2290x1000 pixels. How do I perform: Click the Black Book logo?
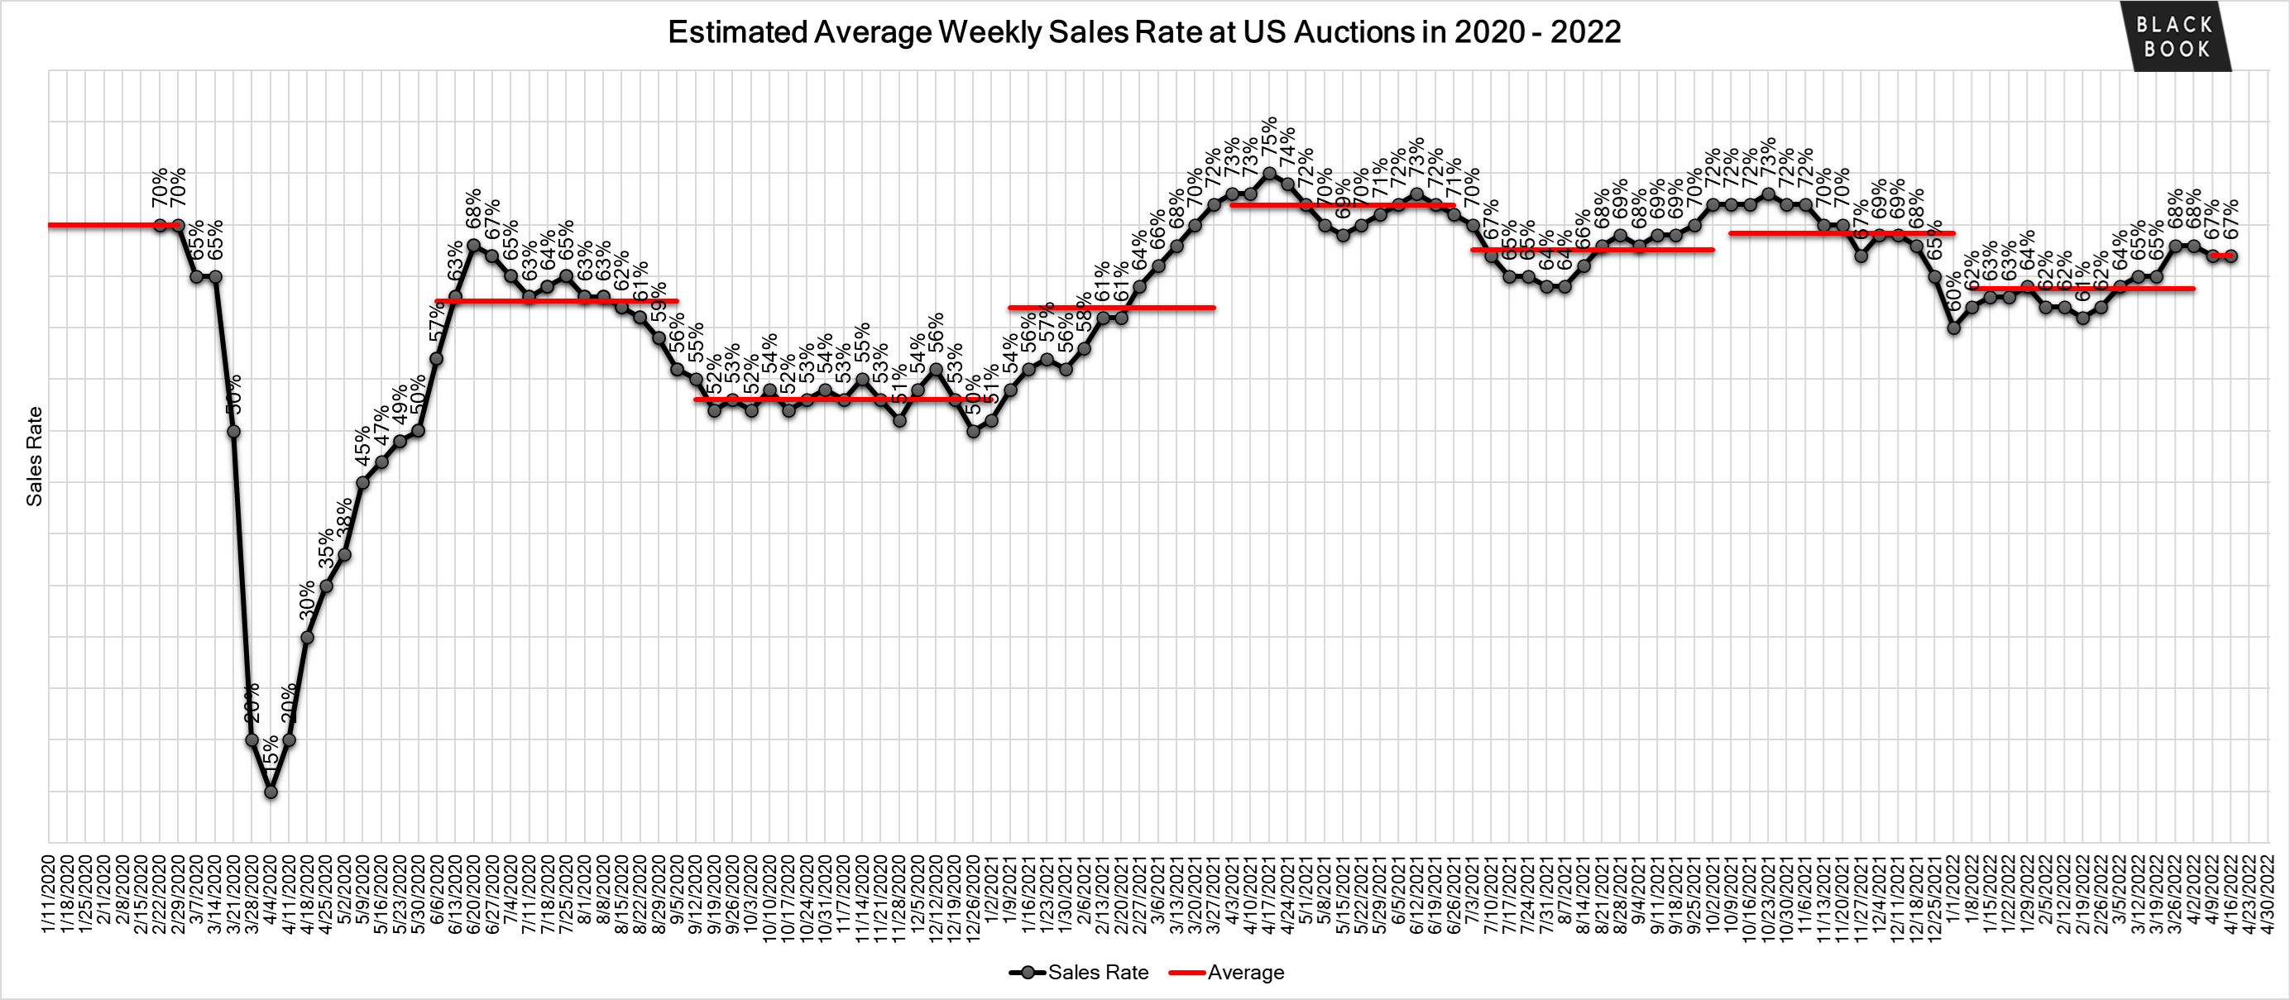point(2174,37)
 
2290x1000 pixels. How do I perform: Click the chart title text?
point(1143,32)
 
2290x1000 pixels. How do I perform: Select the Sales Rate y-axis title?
point(34,456)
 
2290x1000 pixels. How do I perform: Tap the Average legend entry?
point(1227,972)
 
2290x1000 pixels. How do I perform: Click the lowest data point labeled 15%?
point(271,791)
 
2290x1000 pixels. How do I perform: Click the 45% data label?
point(362,446)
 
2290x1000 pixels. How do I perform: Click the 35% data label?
point(326,548)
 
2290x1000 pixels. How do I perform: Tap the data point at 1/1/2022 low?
point(1954,328)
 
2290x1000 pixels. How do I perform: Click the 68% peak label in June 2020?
point(474,207)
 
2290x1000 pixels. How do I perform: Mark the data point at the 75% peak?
point(1269,175)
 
